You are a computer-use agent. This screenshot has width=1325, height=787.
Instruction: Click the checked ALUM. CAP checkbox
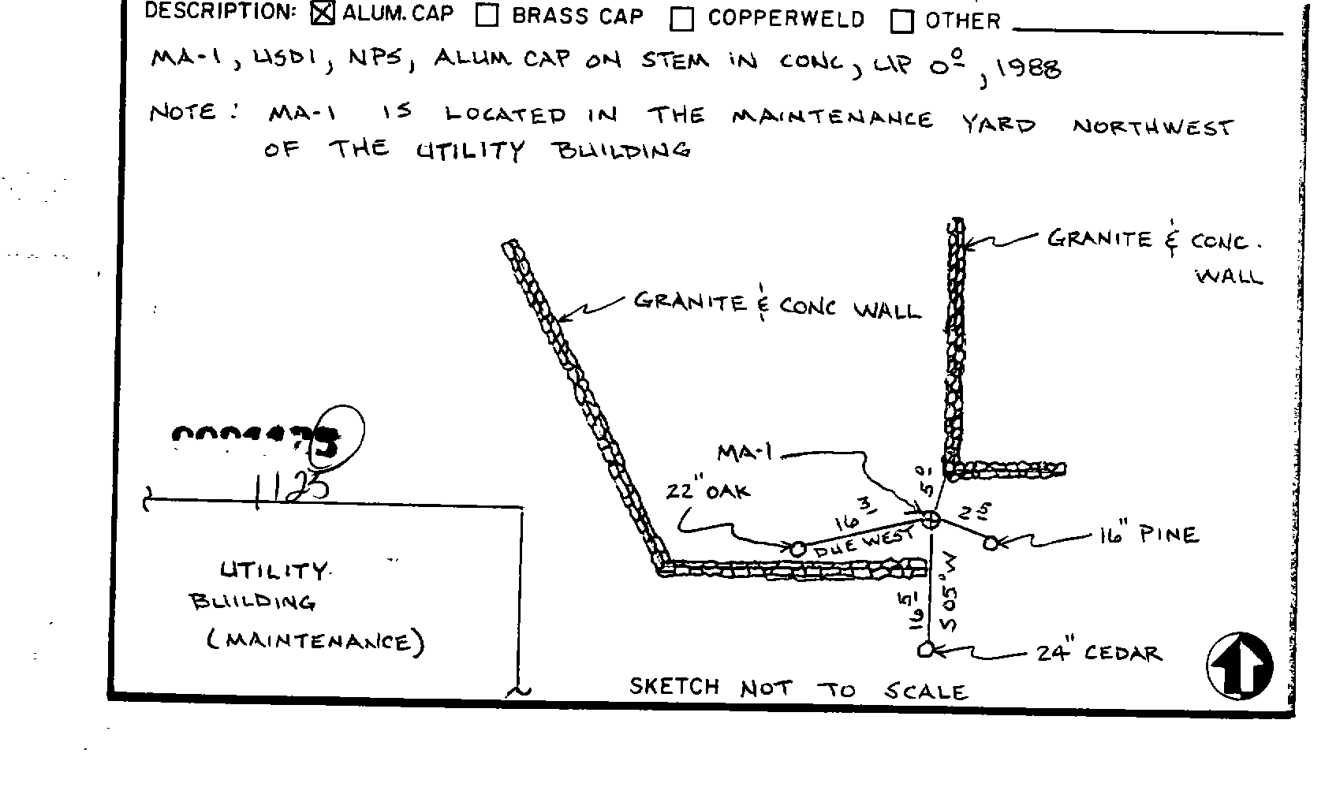(323, 13)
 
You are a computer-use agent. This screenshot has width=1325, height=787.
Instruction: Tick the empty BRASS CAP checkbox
(487, 16)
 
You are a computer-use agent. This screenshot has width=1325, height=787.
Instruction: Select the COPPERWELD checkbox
(681, 20)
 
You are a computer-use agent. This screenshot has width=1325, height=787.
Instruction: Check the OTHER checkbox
(901, 22)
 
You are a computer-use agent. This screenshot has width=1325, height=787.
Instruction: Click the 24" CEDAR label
(1098, 654)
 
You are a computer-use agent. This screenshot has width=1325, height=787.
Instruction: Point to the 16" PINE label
(1148, 536)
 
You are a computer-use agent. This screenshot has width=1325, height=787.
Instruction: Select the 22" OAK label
(707, 491)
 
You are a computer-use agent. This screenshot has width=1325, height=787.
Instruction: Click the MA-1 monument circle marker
(931, 519)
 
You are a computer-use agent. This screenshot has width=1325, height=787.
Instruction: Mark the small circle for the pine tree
(991, 543)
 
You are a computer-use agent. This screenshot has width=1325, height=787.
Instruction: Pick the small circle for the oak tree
(798, 549)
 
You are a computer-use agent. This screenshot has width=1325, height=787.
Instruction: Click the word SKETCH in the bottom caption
(674, 687)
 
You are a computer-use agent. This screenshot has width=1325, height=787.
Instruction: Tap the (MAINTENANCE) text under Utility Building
(315, 641)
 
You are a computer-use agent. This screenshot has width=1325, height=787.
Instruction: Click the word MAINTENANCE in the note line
(832, 119)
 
